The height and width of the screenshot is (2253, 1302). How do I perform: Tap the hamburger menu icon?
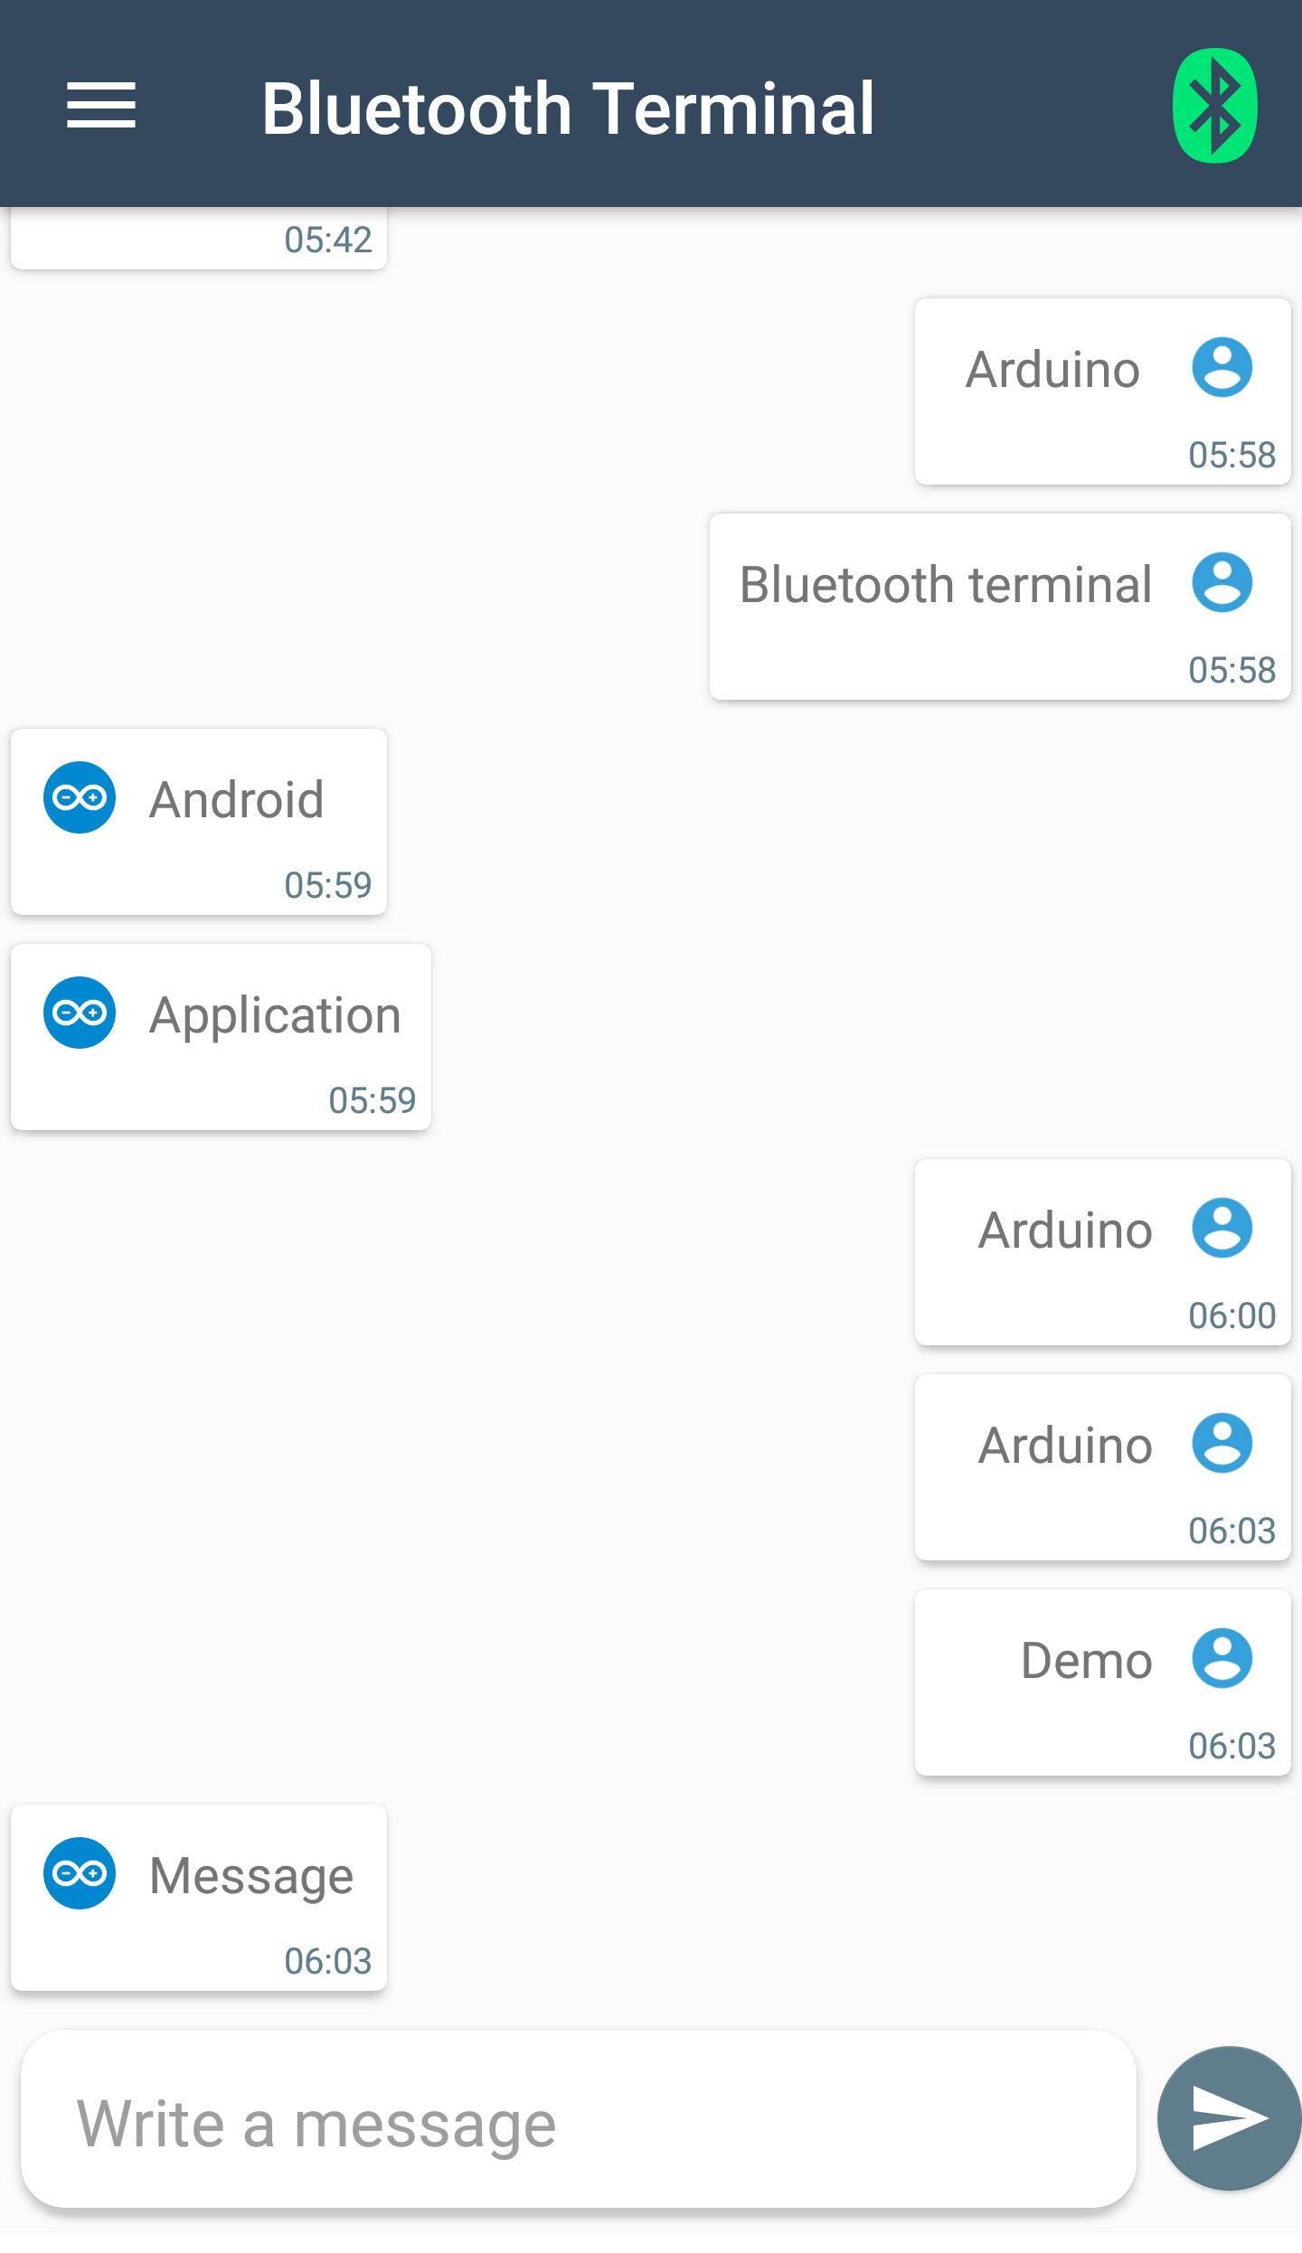click(x=101, y=106)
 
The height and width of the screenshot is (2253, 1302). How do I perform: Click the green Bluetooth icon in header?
click(x=1214, y=106)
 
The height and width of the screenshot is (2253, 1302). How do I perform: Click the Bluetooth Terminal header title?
click(x=568, y=108)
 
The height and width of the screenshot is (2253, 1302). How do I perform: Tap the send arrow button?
click(x=1229, y=2118)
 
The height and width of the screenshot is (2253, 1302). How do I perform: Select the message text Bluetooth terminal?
click(x=946, y=584)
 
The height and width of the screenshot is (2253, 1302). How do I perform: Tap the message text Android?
click(x=237, y=799)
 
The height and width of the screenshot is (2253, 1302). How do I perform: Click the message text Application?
click(x=275, y=1014)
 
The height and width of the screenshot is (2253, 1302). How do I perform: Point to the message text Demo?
click(x=1086, y=1660)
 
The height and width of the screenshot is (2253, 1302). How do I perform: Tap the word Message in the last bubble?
click(x=251, y=1875)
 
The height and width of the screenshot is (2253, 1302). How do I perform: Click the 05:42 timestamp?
click(x=328, y=240)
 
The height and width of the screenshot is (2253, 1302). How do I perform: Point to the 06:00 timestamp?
click(x=1231, y=1315)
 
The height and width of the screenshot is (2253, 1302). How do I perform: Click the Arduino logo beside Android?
click(x=80, y=797)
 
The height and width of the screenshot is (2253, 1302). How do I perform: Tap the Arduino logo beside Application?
click(x=80, y=1013)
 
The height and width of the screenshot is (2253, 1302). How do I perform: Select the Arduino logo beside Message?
click(x=80, y=1873)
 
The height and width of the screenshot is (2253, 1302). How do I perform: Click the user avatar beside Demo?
click(x=1222, y=1658)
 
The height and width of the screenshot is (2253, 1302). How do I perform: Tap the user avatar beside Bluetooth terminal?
click(x=1222, y=582)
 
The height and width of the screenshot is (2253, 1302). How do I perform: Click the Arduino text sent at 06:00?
click(x=1065, y=1230)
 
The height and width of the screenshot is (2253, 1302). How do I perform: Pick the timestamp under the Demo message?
click(x=1231, y=1746)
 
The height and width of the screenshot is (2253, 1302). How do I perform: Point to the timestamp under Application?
click(x=372, y=1100)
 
